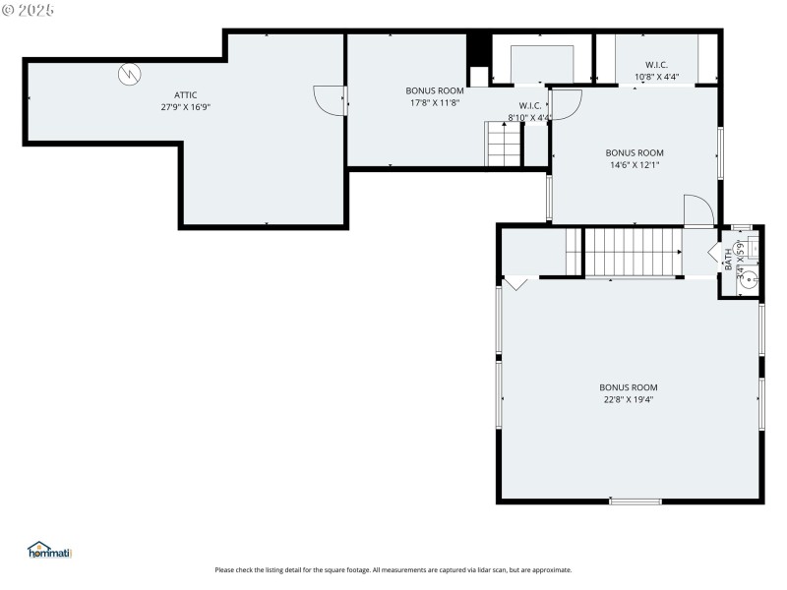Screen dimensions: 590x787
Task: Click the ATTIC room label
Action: (x=186, y=94)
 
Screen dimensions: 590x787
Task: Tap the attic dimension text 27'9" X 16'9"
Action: (x=186, y=106)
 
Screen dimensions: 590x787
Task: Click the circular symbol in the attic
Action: (x=130, y=74)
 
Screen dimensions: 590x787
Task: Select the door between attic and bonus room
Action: (x=330, y=98)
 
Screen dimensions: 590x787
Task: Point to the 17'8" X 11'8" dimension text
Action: (x=434, y=102)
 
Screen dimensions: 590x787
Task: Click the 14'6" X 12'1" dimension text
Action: (x=635, y=165)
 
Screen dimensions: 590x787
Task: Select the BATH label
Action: (x=729, y=260)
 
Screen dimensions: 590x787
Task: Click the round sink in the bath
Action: (x=749, y=278)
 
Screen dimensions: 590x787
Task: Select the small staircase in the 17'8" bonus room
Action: (x=503, y=145)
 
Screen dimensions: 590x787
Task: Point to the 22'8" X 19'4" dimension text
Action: (x=629, y=399)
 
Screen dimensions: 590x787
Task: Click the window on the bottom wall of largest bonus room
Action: (x=635, y=501)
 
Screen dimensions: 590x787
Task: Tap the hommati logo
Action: (x=50, y=551)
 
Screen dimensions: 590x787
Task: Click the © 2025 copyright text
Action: (x=29, y=10)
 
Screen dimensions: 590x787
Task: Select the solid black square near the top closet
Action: (x=478, y=48)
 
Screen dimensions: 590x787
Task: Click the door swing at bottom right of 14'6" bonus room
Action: (x=697, y=210)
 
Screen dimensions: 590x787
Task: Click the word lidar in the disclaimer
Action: (x=468, y=569)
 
